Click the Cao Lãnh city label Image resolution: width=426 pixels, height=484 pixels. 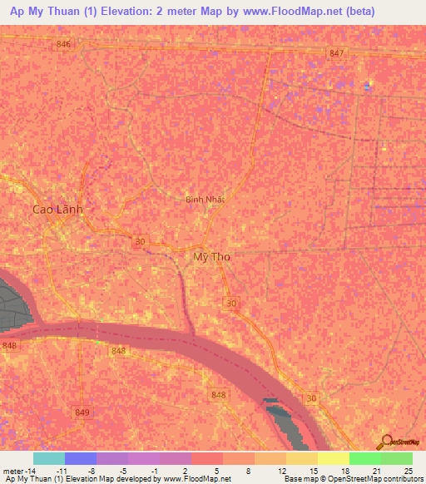(57, 210)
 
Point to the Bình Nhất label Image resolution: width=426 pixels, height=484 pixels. (206, 200)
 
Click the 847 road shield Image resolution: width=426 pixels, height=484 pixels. (336, 52)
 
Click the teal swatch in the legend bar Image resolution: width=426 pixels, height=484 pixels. (49, 458)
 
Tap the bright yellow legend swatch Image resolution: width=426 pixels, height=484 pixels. (334, 458)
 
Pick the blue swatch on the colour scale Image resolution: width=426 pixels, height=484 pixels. (81, 458)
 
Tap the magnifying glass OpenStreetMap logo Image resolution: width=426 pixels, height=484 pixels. (386, 442)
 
